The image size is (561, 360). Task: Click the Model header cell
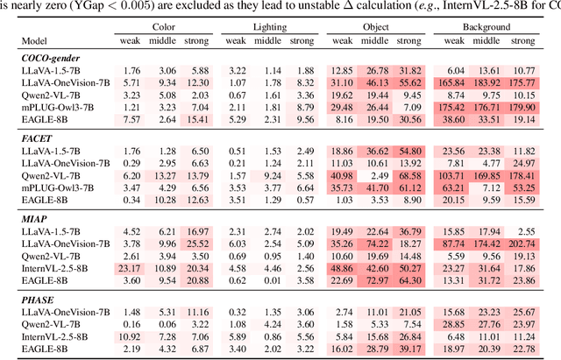[36, 41]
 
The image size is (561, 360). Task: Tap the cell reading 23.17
[131, 267]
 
